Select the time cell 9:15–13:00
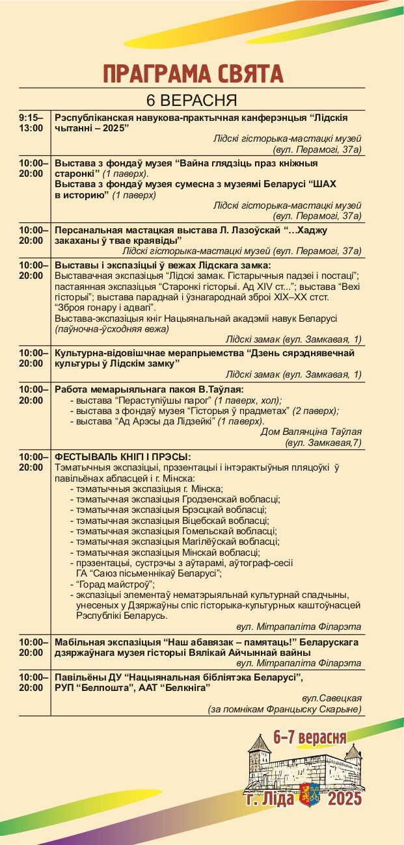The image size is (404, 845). (31, 123)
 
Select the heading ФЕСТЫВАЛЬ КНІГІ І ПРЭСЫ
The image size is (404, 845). (123, 456)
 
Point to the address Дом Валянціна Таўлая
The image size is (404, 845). (311, 432)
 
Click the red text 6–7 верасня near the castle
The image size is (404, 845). (310, 738)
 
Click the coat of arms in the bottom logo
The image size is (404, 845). (309, 794)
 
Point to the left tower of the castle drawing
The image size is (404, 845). (259, 757)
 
